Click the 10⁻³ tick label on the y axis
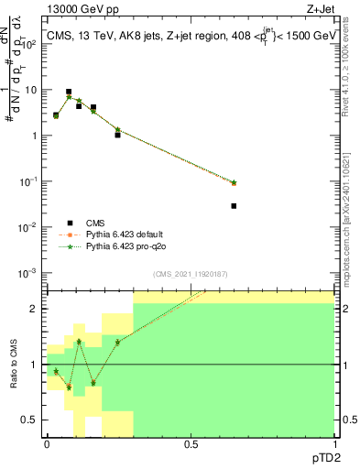30,273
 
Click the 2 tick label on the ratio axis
37,309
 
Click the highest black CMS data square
69,93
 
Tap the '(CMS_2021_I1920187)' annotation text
190,274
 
